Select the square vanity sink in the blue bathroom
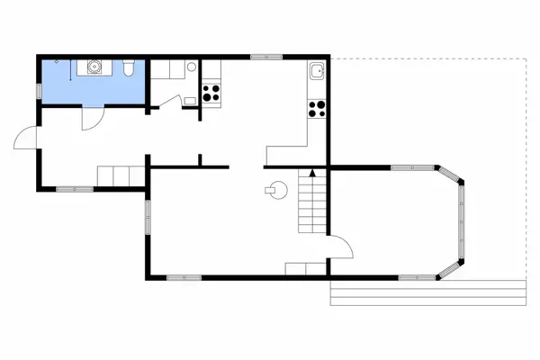coord(94,66)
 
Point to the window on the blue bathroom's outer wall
coord(39,91)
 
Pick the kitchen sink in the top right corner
coord(317,72)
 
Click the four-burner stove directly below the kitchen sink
coord(317,109)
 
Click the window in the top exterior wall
coord(266,57)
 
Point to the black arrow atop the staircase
coord(312,171)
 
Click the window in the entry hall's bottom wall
coord(75,188)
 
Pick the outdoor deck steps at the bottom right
coord(427,292)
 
